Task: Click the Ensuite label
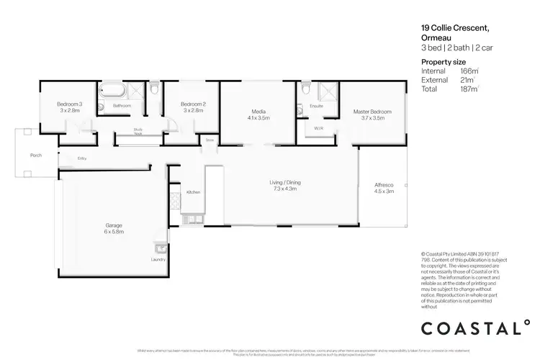316,106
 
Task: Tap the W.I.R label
318,127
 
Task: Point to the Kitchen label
193,192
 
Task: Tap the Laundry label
158,259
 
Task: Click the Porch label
35,155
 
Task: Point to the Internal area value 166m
469,71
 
